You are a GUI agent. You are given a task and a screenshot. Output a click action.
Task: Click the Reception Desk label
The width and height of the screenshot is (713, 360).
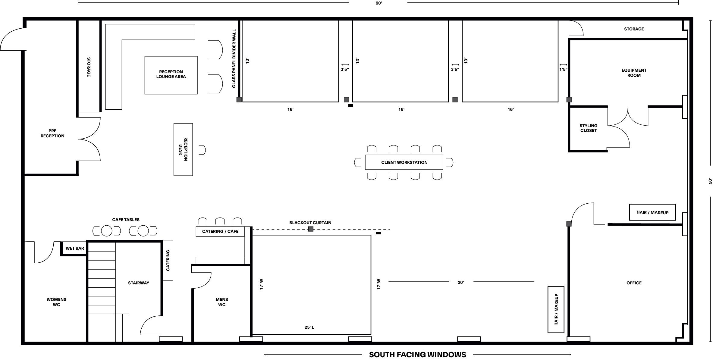183,149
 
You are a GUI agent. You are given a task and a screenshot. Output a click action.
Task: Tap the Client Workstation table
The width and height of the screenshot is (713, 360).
404,162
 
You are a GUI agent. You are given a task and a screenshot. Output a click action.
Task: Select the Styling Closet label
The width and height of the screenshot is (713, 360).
588,128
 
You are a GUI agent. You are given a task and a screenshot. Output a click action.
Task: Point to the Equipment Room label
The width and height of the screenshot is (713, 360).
634,73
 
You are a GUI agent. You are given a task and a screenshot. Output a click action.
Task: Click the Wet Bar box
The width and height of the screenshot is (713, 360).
74,248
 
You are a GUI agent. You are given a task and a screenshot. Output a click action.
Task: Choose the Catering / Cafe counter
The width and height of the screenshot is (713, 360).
220,231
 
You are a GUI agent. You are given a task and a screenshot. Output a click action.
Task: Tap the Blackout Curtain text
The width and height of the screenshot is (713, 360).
310,223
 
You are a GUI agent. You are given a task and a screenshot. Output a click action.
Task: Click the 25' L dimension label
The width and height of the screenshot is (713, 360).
309,327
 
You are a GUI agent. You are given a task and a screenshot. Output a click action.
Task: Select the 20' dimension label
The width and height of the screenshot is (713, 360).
461,282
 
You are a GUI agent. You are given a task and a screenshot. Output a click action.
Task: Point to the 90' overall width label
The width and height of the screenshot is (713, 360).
379,3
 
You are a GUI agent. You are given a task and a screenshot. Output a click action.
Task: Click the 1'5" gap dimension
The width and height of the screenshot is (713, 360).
563,69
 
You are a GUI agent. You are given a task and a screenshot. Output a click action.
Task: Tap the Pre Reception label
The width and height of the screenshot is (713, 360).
52,133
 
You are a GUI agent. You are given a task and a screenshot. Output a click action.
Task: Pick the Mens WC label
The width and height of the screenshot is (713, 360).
222,302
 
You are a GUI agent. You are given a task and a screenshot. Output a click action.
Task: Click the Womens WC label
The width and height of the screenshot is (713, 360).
56,302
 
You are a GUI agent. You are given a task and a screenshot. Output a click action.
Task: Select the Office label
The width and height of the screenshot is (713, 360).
634,283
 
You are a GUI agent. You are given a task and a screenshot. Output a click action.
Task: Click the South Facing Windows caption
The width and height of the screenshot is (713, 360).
417,355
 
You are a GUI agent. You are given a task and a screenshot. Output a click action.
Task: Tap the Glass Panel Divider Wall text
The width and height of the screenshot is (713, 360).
234,59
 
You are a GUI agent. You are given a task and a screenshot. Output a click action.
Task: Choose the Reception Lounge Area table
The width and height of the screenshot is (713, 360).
171,75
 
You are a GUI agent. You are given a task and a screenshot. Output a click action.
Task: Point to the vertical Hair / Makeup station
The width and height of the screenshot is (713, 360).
556,310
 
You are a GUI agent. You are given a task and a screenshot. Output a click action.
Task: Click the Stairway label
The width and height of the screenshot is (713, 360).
139,283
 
